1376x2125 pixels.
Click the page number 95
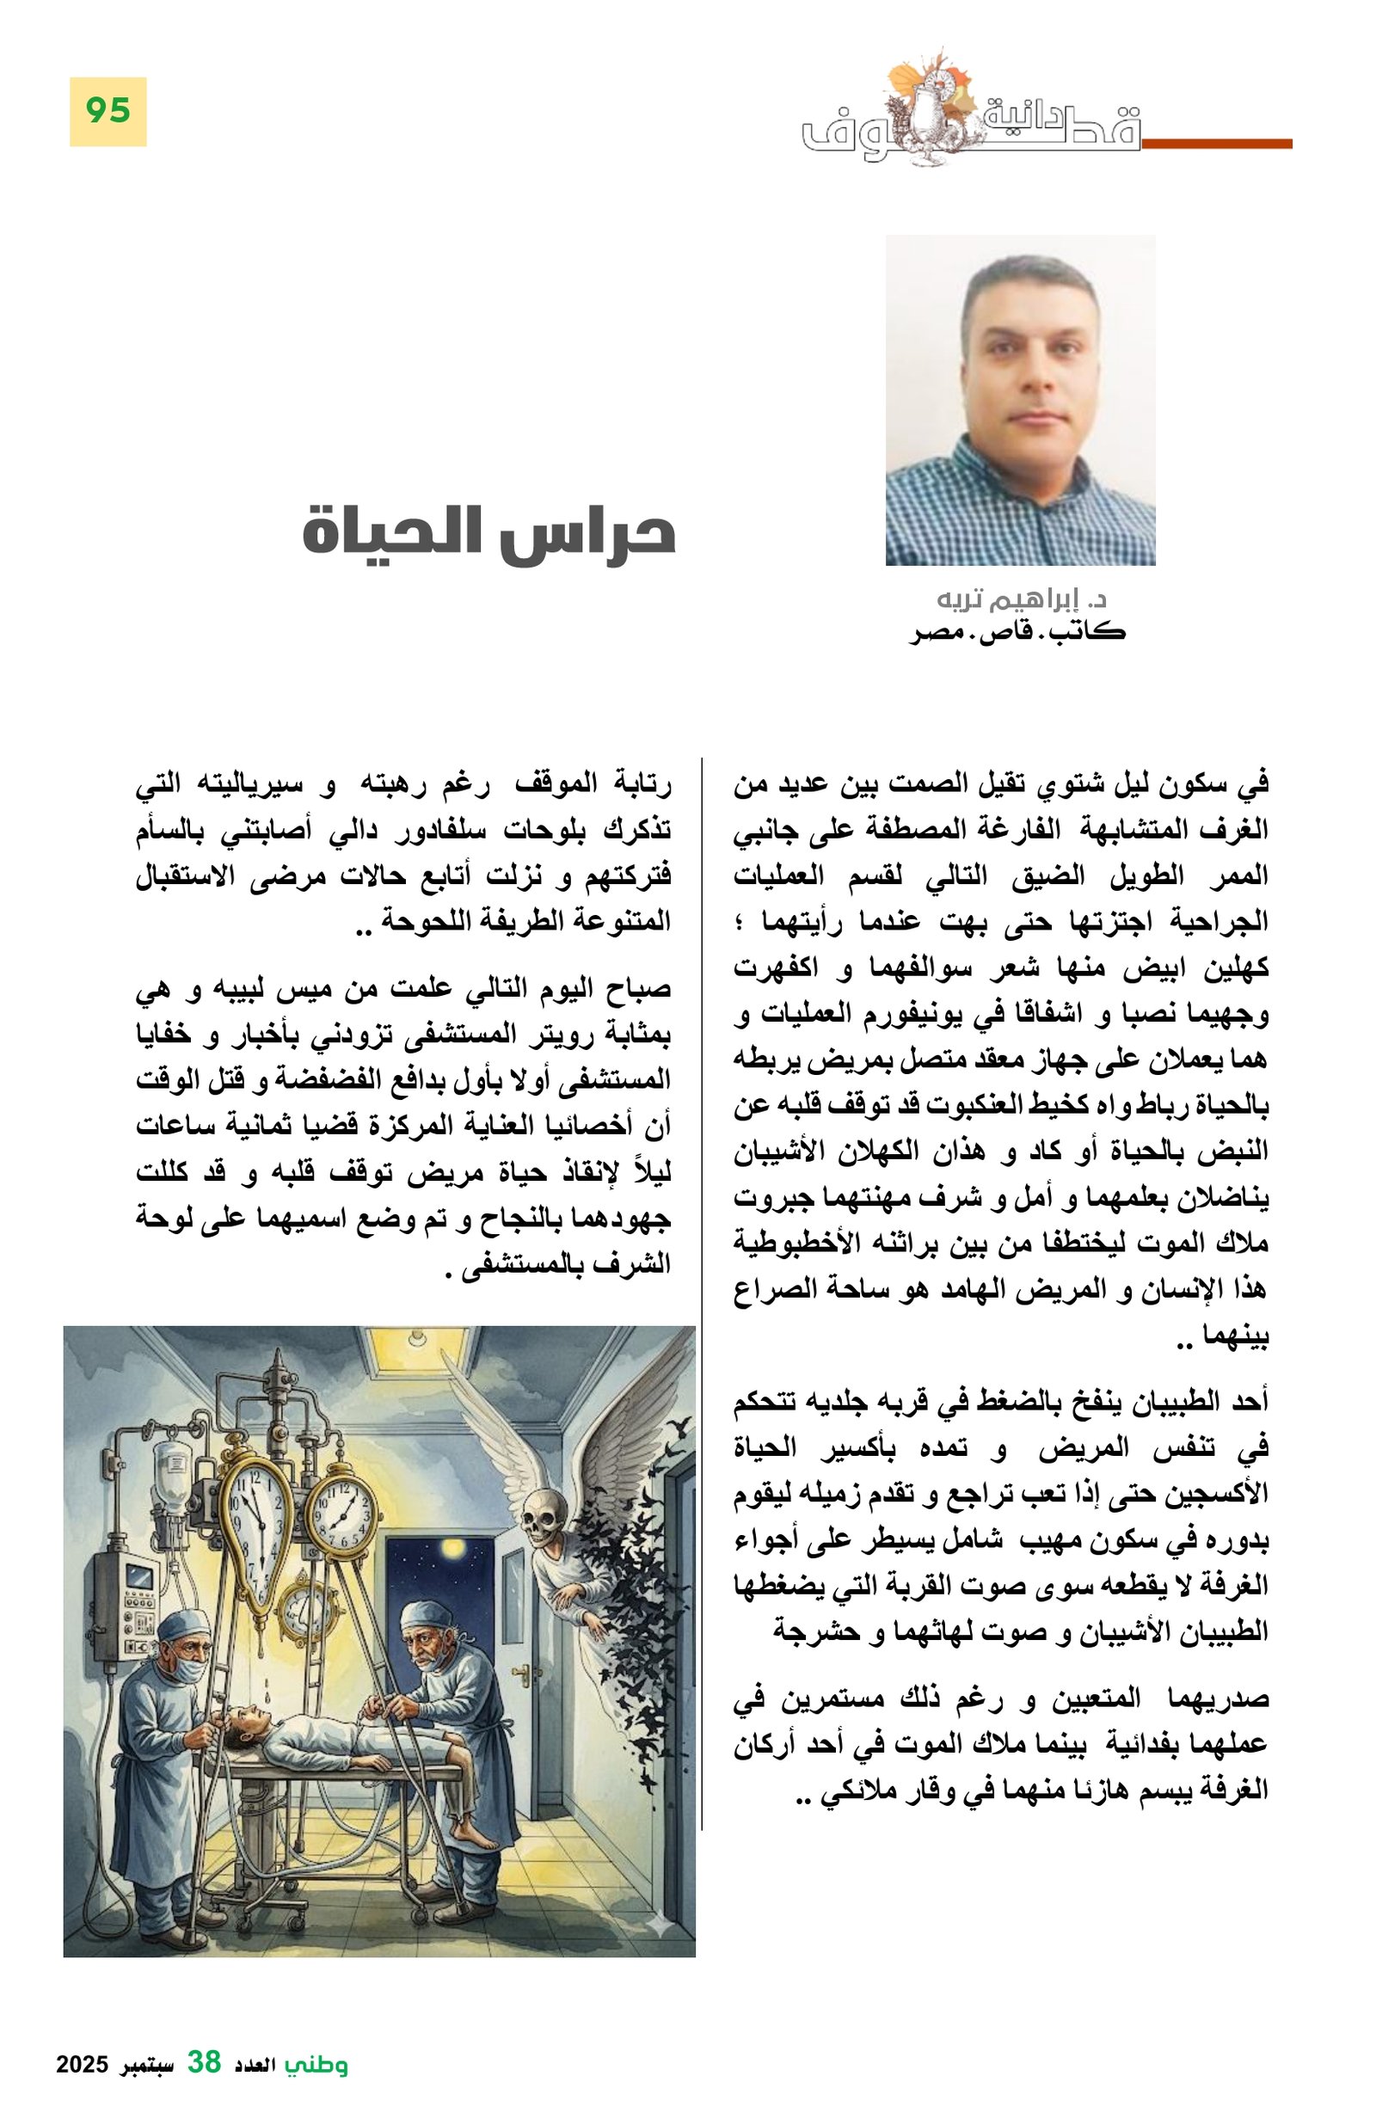[x=107, y=111]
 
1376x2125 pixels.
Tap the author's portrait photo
[x=1020, y=399]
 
